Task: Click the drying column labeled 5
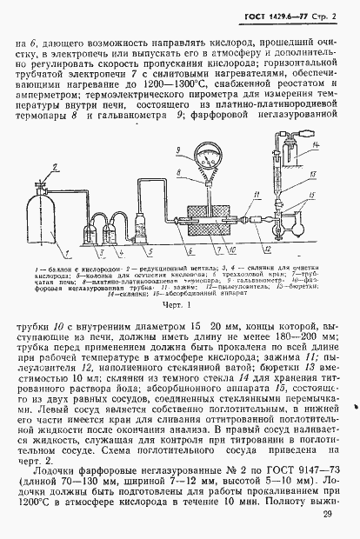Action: point(142,224)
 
